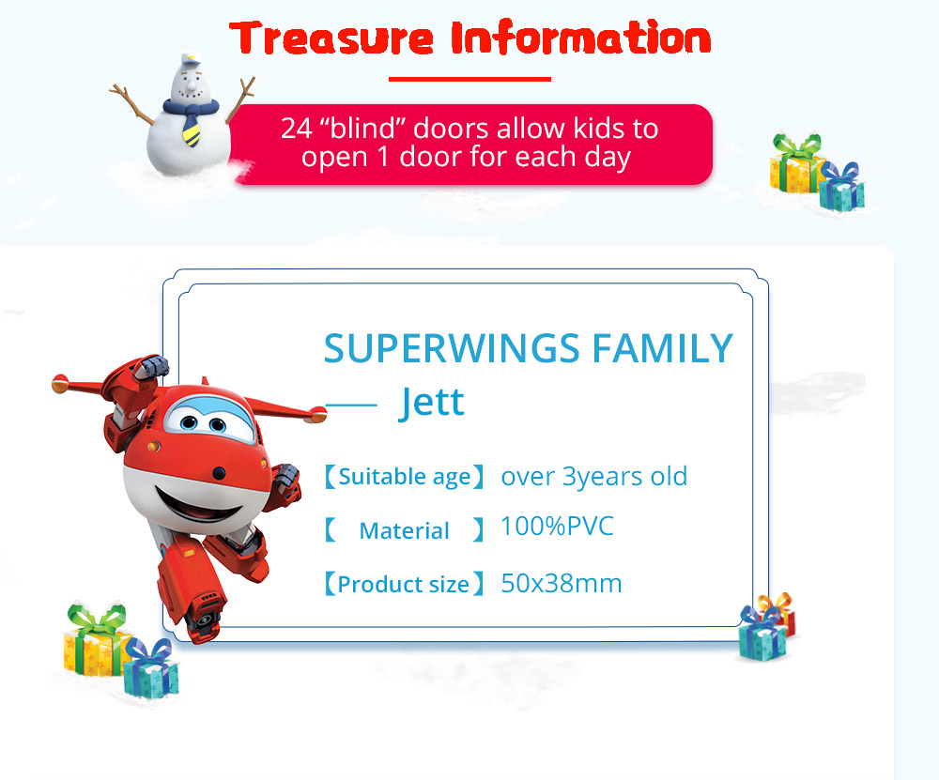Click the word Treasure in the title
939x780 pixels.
(331, 38)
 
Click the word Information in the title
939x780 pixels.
(581, 38)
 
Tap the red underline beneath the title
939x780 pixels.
(469, 79)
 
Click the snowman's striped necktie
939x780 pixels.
(191, 128)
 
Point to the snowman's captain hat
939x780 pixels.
(191, 59)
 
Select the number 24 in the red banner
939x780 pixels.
(297, 128)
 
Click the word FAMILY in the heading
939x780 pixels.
(663, 348)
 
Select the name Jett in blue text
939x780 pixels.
(432, 402)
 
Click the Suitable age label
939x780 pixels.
(404, 477)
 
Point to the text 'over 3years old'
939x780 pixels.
(594, 477)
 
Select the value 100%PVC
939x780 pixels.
(557, 527)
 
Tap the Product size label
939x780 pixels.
(404, 584)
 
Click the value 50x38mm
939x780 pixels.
(562, 584)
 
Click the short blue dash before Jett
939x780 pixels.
(350, 405)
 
